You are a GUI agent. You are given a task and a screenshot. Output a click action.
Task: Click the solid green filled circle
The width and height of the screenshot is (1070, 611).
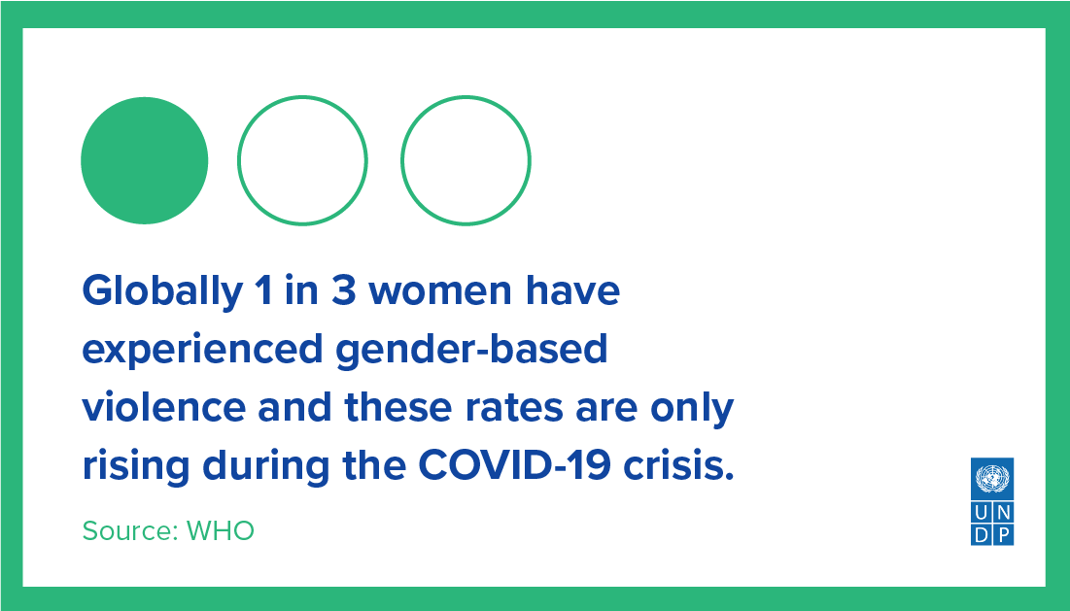click(144, 160)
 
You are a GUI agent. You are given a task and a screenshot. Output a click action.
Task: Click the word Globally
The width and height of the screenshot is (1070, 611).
click(162, 291)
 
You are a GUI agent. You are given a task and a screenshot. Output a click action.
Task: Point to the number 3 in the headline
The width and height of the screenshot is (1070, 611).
click(344, 290)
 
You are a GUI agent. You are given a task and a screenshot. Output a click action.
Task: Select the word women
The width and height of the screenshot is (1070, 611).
click(440, 291)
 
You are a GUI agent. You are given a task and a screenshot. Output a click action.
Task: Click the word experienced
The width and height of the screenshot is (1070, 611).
click(202, 350)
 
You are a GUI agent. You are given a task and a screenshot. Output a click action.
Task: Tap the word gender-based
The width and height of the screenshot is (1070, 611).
click(470, 349)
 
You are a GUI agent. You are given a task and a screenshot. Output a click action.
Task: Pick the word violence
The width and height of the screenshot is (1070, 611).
click(164, 407)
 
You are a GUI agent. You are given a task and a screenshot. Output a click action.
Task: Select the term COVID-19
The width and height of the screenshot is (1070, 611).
click(514, 465)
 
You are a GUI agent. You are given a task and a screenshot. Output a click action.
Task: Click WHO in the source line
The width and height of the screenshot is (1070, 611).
click(220, 531)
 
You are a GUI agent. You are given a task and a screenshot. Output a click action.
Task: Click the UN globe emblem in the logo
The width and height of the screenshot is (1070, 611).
click(992, 478)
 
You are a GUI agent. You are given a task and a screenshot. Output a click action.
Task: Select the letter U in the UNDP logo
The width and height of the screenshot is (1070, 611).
click(982, 513)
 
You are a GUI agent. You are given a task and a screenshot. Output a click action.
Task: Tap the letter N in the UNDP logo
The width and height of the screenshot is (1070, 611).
click(1003, 513)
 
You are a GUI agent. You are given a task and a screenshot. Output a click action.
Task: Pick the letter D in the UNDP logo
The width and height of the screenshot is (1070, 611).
click(982, 534)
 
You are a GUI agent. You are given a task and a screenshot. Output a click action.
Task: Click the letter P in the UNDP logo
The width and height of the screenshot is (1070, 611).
click(1003, 534)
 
